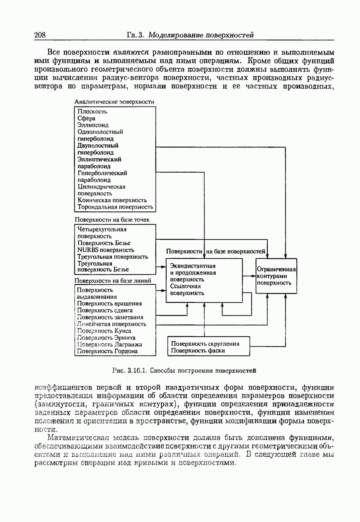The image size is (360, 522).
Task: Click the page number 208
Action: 40,35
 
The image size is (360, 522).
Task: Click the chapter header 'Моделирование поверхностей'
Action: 201,35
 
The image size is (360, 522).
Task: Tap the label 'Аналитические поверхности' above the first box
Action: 114,102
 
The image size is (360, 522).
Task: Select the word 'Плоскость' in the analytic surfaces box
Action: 92,111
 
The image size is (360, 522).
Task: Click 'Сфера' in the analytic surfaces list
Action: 86,118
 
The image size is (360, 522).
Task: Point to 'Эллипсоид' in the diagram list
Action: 93,125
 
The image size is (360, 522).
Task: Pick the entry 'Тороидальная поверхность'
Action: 115,207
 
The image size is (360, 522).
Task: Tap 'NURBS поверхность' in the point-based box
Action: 106,250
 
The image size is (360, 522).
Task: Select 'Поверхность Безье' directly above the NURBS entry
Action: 104,243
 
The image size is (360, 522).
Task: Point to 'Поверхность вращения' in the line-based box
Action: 109,303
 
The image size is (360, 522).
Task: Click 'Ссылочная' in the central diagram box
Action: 185,286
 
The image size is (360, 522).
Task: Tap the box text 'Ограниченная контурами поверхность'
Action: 276,276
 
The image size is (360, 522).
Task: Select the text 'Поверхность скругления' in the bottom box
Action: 205,343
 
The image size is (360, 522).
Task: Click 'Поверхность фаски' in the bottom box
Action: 198,350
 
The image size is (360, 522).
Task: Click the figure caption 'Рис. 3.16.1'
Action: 130,371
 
